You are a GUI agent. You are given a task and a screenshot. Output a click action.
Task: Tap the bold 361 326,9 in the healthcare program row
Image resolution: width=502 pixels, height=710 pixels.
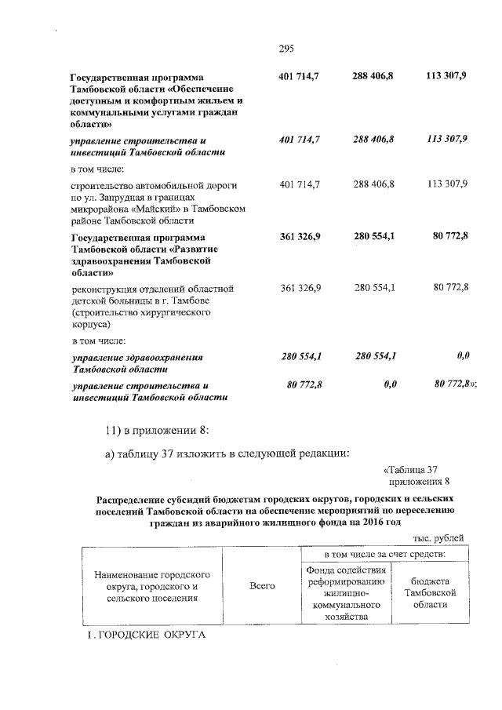click(300, 237)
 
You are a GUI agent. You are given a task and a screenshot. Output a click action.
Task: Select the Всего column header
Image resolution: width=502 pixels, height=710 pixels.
click(261, 586)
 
